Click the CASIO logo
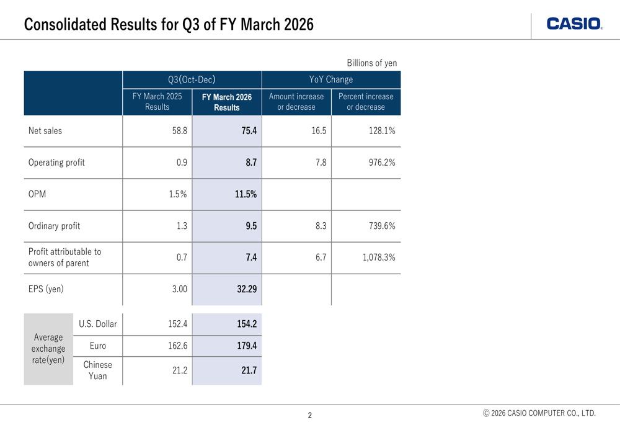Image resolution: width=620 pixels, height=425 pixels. click(574, 24)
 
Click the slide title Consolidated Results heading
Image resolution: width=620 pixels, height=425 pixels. click(169, 25)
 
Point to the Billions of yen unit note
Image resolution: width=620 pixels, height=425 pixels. click(371, 63)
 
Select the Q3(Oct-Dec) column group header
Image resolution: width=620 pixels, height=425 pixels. click(192, 79)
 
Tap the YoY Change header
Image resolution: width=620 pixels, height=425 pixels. click(331, 79)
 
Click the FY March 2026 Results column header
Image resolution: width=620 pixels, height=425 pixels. click(227, 102)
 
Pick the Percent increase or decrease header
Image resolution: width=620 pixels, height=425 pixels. click(366, 102)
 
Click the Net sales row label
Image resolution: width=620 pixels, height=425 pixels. click(45, 131)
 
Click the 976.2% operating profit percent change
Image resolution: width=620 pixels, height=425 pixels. click(379, 163)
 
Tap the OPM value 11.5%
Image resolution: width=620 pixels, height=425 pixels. click(246, 194)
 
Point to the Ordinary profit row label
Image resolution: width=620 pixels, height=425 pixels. click(55, 226)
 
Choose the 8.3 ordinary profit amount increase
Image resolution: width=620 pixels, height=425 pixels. click(321, 226)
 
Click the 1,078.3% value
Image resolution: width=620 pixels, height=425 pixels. click(379, 257)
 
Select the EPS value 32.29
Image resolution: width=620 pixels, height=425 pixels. click(247, 289)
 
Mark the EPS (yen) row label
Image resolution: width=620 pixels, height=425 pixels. click(46, 289)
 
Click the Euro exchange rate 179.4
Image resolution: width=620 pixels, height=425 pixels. click(247, 346)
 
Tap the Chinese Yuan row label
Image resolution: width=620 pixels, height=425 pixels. click(97, 370)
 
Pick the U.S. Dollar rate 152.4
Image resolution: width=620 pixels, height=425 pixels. click(178, 324)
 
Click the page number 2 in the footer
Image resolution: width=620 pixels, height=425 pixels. click(310, 415)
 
